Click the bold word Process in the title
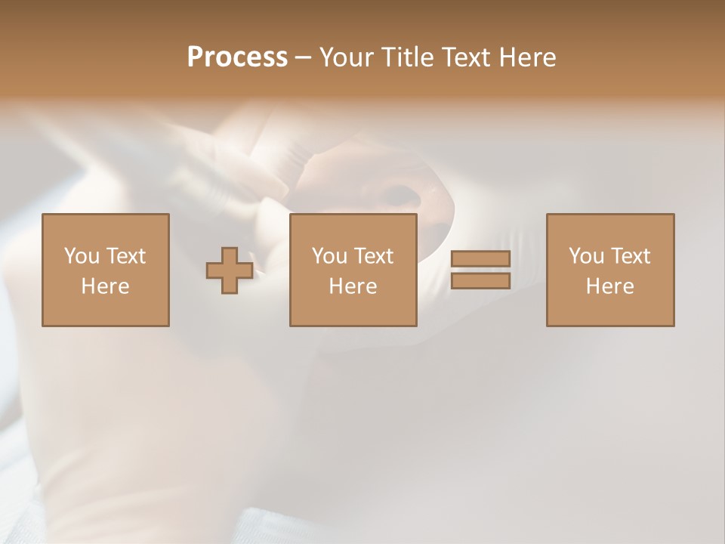click(237, 57)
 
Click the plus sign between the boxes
click(230, 270)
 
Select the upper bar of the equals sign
click(480, 259)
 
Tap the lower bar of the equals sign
click(480, 281)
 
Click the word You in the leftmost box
click(82, 256)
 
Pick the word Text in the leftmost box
click(125, 256)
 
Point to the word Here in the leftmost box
click(105, 286)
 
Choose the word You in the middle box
click(329, 256)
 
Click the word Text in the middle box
click(373, 256)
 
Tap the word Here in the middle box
click(353, 286)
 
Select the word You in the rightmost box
click(586, 256)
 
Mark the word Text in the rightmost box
click(630, 256)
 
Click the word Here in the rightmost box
click(609, 286)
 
